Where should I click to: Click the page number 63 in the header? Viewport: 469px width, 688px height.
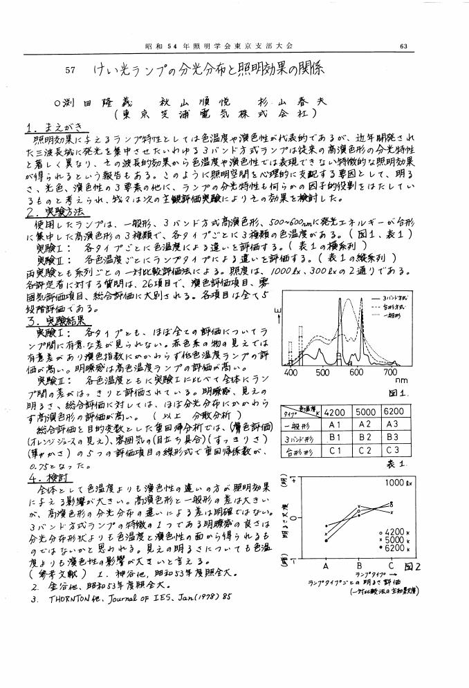403,46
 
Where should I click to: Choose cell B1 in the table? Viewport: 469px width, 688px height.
336,437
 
